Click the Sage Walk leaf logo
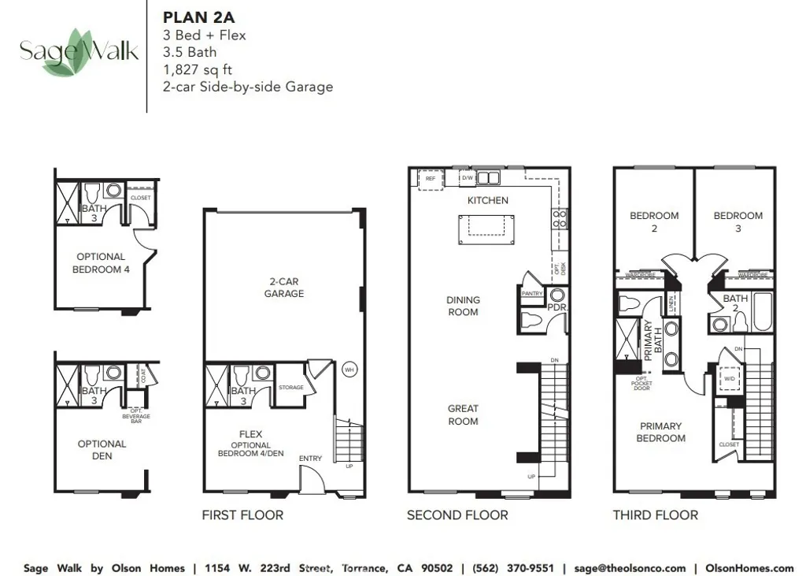pyautogui.click(x=79, y=53)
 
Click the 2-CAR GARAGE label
pyautogui.click(x=284, y=287)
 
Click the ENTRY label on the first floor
pyautogui.click(x=310, y=459)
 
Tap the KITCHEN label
pyautogui.click(x=487, y=200)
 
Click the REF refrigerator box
pyautogui.click(x=430, y=179)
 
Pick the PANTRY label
pyautogui.click(x=533, y=293)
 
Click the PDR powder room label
pyautogui.click(x=557, y=307)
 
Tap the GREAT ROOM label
pyautogui.click(x=463, y=414)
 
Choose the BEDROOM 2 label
pyautogui.click(x=654, y=221)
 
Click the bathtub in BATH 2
pyautogui.click(x=763, y=313)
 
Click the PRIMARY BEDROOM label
pyautogui.click(x=660, y=432)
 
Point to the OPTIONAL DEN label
pyautogui.click(x=102, y=449)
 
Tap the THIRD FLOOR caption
pyautogui.click(x=655, y=515)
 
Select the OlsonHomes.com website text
pyautogui.click(x=749, y=568)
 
